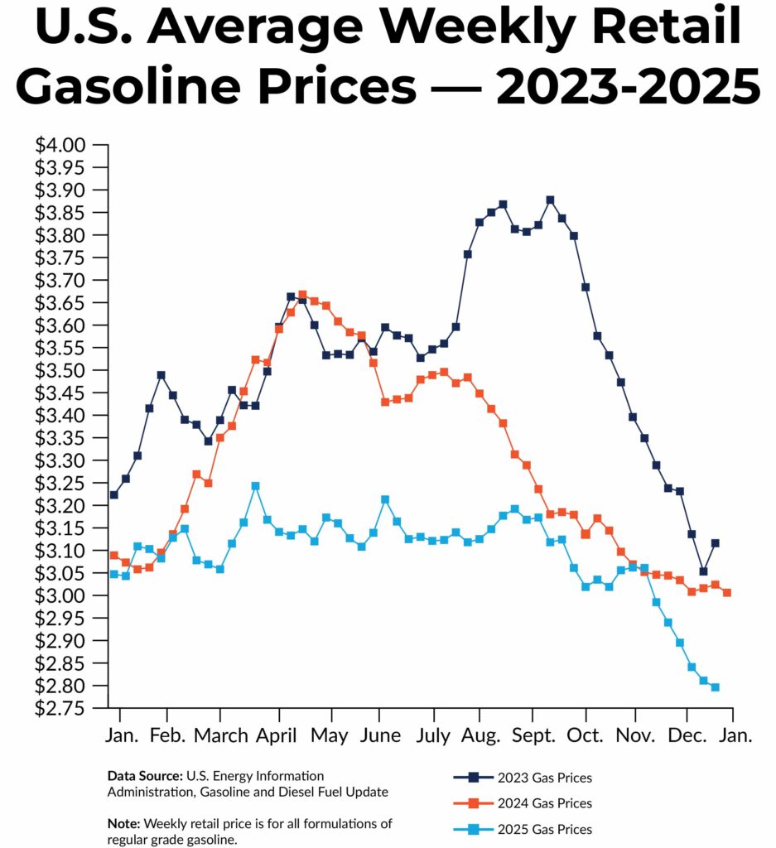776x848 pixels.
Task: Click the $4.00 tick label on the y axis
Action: click(60, 146)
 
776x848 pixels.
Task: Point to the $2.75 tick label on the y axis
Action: click(60, 709)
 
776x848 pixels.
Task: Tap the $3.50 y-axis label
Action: click(60, 371)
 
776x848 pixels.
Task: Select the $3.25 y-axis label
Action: click(60, 484)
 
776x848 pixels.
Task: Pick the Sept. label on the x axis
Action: click(533, 735)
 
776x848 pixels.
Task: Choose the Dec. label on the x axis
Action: click(687, 735)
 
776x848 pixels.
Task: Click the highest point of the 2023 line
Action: click(550, 200)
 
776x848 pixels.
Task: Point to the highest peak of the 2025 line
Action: click(255, 486)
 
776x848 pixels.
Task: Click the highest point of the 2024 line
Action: click(302, 295)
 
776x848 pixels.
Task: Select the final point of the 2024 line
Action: click(727, 592)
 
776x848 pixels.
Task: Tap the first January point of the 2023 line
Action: click(113, 494)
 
